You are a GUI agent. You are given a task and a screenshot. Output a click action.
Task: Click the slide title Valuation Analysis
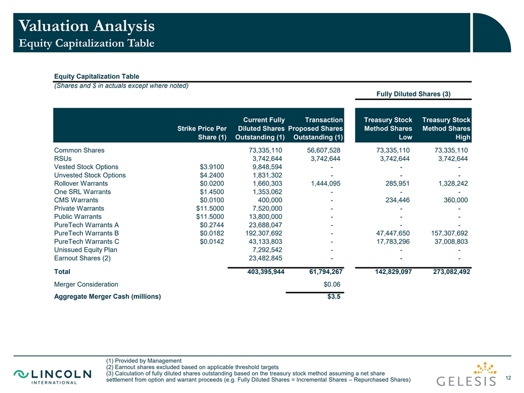86,25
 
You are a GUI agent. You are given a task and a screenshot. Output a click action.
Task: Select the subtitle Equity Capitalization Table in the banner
86,43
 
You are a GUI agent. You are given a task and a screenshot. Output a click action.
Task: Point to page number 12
509,378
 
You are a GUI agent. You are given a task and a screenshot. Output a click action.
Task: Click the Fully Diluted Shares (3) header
413,94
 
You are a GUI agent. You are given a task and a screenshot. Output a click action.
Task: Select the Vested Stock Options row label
86,167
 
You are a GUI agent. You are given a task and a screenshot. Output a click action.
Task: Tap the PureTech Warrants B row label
86,233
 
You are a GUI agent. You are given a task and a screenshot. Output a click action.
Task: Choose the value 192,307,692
264,233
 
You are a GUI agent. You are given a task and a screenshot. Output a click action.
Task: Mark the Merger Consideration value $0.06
332,284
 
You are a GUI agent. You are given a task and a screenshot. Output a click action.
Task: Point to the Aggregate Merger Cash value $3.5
334,297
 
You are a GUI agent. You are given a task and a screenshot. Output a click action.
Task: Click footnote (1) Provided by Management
144,361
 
